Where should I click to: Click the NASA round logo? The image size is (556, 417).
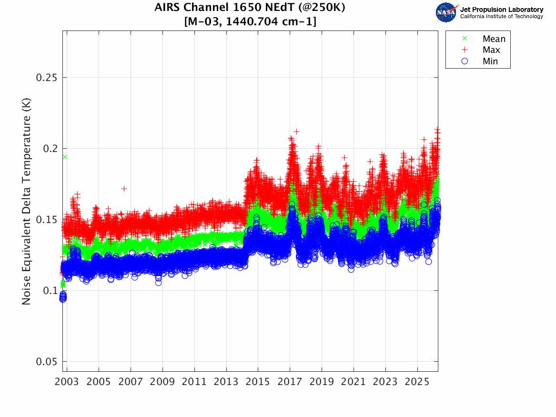(446, 12)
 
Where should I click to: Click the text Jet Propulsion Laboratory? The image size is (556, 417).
(501, 9)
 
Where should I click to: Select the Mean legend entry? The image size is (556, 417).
(494, 39)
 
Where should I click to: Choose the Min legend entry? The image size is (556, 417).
(490, 61)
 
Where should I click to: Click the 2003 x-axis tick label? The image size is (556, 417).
(67, 382)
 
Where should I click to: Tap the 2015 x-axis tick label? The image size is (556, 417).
(258, 382)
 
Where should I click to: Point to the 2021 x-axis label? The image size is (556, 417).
(354, 382)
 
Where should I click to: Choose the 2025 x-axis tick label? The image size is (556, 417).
(417, 382)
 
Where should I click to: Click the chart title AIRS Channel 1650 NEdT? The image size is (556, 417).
(250, 8)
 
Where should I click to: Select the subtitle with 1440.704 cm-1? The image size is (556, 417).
(250, 21)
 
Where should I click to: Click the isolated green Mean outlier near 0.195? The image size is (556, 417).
(65, 157)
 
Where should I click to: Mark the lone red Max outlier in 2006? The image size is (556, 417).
(124, 189)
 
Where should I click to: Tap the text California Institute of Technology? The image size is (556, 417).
(501, 17)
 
